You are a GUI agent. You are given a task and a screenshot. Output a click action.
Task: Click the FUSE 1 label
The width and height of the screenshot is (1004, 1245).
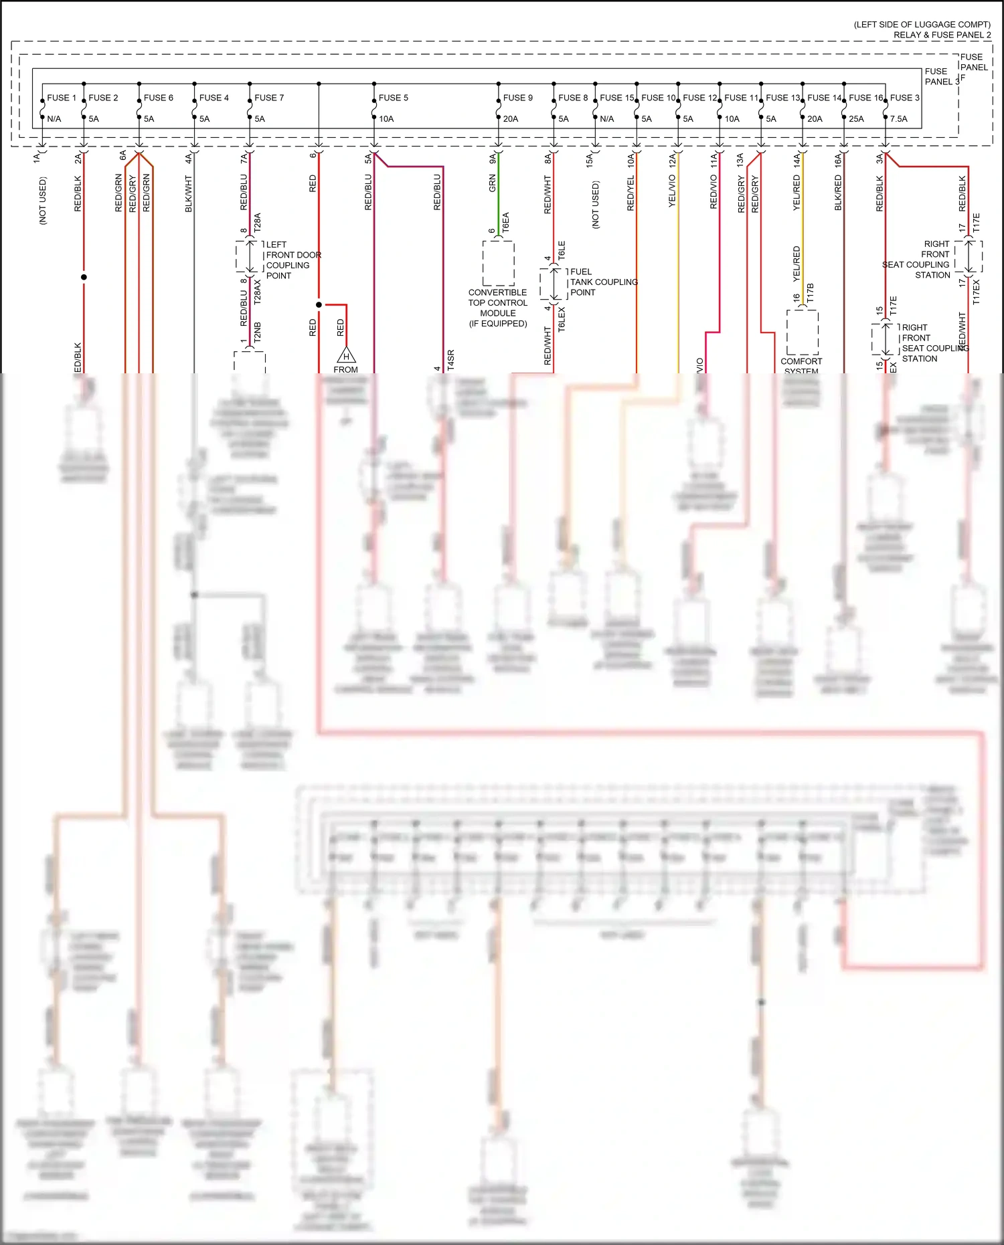click(61, 98)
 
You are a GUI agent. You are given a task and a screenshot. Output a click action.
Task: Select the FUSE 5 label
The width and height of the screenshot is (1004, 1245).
click(393, 98)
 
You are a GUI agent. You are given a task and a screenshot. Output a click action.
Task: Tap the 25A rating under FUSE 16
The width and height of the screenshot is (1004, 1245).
click(856, 119)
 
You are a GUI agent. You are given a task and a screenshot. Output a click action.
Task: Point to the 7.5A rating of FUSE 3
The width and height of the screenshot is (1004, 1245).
click(899, 119)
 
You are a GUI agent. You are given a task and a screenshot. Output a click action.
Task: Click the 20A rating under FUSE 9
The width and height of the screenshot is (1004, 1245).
click(510, 119)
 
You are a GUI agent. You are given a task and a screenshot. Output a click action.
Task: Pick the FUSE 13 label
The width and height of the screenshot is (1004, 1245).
click(782, 98)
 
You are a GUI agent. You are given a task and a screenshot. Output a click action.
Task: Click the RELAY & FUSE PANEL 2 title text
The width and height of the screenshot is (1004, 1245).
click(942, 35)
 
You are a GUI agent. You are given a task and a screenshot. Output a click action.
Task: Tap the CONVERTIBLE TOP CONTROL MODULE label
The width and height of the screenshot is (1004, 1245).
click(497, 308)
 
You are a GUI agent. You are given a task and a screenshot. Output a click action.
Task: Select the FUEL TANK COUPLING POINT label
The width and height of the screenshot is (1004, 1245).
click(603, 282)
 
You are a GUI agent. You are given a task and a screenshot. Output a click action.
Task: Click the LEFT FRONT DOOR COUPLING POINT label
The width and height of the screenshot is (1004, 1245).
click(292, 260)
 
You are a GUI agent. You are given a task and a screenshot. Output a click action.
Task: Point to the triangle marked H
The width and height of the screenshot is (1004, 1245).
click(346, 355)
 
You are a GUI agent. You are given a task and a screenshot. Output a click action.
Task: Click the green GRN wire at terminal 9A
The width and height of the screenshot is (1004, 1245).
click(499, 194)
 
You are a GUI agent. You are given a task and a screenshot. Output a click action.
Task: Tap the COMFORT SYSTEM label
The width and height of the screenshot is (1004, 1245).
click(801, 365)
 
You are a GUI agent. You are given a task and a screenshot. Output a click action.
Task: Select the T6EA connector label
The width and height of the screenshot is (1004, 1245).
click(506, 222)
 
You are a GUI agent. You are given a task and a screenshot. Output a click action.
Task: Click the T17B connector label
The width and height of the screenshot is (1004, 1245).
click(811, 293)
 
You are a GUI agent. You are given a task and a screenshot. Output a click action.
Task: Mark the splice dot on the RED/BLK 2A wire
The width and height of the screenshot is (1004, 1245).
click(84, 277)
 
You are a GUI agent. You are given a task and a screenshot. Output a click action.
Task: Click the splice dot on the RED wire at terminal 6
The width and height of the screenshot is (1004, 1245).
click(319, 305)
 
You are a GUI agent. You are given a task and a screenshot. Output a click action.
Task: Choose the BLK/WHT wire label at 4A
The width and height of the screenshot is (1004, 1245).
click(189, 194)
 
